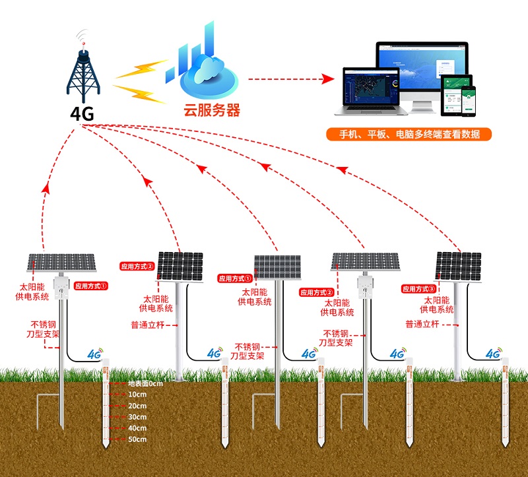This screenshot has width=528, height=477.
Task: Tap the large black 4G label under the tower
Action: [82, 113]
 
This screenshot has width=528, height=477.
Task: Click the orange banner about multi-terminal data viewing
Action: [409, 135]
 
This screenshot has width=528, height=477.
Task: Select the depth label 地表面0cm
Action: [145, 383]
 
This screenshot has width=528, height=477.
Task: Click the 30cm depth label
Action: [137, 417]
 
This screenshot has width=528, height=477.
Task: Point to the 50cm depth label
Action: [137, 439]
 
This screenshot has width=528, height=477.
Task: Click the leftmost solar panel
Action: [61, 263]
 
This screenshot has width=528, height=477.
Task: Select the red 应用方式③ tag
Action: [419, 289]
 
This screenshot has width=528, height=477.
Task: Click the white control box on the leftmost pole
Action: [61, 286]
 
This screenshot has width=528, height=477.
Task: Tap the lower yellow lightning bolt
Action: [140, 93]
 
